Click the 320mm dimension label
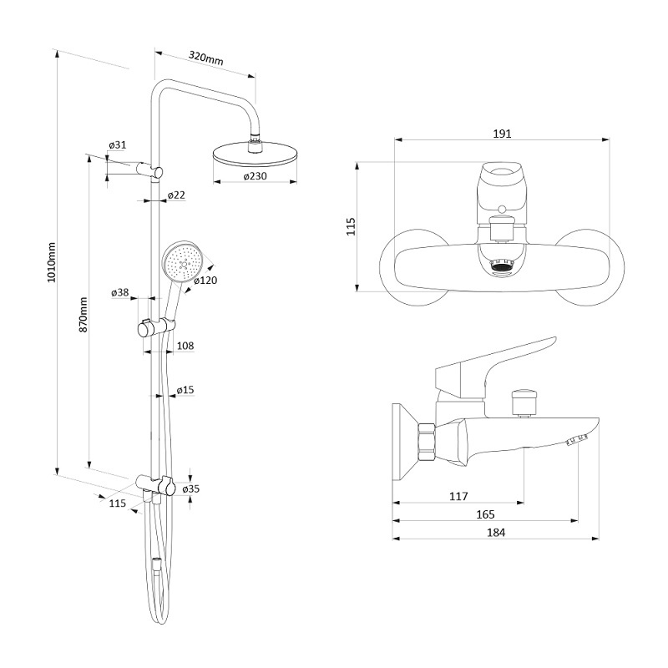(x=206, y=58)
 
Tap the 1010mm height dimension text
(x=52, y=262)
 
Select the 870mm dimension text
(x=83, y=315)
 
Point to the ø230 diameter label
(x=256, y=176)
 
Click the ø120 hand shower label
(x=205, y=281)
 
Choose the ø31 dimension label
(x=118, y=144)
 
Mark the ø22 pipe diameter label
(x=176, y=195)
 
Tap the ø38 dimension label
(x=119, y=293)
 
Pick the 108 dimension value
(x=185, y=346)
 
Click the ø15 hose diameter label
(x=185, y=390)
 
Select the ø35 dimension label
(x=191, y=489)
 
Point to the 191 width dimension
(x=502, y=134)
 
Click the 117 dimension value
(x=458, y=496)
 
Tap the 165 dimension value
(x=485, y=514)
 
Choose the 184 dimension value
(x=496, y=533)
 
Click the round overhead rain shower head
(x=255, y=156)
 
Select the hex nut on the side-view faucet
(x=427, y=443)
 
